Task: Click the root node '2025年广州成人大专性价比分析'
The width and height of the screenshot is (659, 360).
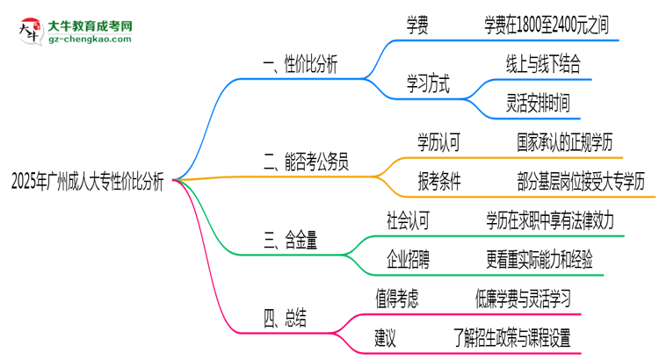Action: pyautogui.click(x=88, y=182)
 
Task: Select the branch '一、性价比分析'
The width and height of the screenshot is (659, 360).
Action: pyautogui.click(x=299, y=65)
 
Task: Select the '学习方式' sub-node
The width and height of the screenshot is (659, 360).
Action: pyautogui.click(x=427, y=85)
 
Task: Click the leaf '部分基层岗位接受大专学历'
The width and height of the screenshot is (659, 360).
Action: pyautogui.click(x=581, y=182)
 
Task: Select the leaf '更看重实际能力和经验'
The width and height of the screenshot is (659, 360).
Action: pyautogui.click(x=551, y=259)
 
